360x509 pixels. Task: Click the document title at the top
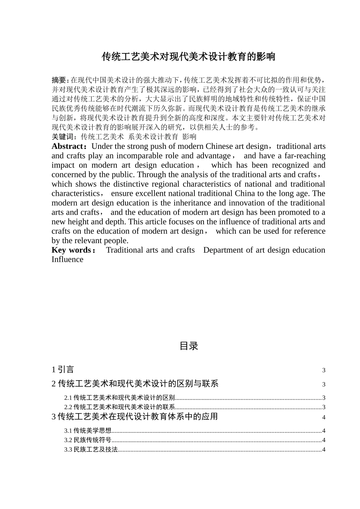tap(188, 57)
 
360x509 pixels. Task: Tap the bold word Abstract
tap(67, 147)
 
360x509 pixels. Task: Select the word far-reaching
tap(305, 156)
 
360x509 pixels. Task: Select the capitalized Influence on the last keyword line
tap(67, 259)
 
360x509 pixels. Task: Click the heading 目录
tap(189, 346)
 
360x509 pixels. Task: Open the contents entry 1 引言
tap(63, 370)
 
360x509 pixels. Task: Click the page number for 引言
tap(324, 370)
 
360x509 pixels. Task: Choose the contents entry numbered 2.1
tap(120, 398)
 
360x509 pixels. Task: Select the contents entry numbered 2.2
tap(120, 407)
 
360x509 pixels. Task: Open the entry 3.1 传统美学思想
tap(88, 431)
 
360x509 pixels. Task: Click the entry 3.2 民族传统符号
tap(88, 440)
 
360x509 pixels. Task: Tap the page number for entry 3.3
tap(324, 450)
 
